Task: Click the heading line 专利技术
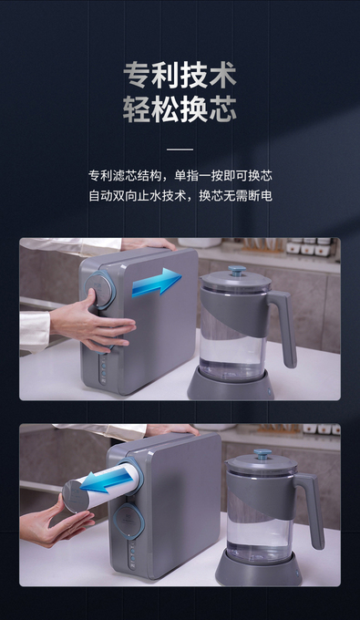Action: (180, 75)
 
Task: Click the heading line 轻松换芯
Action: (180, 108)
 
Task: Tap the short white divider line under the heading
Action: (180, 150)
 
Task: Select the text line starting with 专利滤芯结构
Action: (180, 176)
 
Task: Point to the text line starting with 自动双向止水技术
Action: (180, 196)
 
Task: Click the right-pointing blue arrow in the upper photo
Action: (157, 282)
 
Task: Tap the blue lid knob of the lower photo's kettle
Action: (262, 453)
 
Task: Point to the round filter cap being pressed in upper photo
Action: (99, 290)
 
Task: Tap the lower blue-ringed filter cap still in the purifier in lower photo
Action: (129, 522)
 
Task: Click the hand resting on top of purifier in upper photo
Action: (149, 243)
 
